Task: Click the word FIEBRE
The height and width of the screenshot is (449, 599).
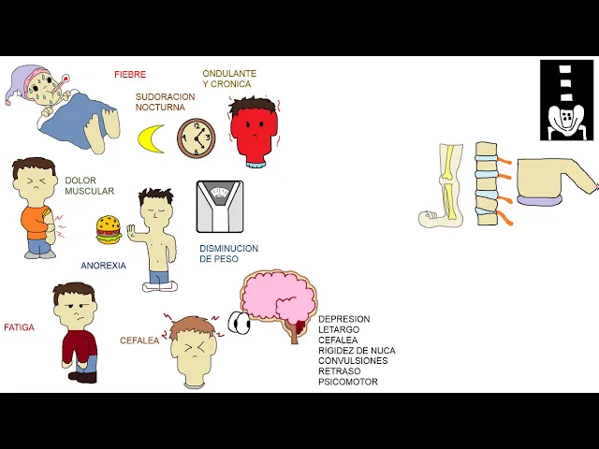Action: (x=130, y=74)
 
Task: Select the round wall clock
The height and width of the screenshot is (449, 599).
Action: (x=196, y=138)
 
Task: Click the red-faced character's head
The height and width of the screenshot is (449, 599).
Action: (x=252, y=130)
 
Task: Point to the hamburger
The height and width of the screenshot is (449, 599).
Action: (x=109, y=229)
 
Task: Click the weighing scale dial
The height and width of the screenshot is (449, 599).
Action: (x=220, y=195)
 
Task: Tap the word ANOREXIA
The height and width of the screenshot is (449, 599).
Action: (x=103, y=266)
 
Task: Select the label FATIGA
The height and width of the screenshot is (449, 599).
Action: (x=19, y=328)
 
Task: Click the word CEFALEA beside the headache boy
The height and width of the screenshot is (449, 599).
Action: (x=139, y=340)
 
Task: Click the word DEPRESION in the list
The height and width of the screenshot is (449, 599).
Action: (x=343, y=319)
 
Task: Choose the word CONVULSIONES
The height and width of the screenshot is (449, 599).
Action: (x=353, y=361)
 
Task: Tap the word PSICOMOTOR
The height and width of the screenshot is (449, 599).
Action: (x=348, y=382)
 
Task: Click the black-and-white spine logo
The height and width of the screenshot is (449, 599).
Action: (x=566, y=100)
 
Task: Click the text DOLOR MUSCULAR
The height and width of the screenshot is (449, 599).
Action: (x=89, y=186)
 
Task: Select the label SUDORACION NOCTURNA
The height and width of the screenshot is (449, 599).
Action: (x=165, y=102)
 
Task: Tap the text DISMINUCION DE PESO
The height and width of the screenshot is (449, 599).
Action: (x=228, y=253)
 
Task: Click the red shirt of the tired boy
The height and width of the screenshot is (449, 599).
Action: (x=79, y=346)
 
